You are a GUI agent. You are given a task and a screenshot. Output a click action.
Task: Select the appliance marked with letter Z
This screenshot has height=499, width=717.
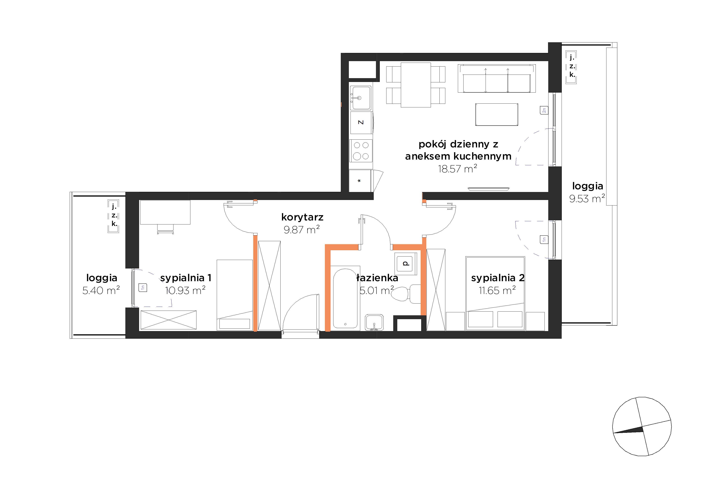361,122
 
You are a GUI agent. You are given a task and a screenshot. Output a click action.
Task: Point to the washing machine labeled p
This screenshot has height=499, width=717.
406,264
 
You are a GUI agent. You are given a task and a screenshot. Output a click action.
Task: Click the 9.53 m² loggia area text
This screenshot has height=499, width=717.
587,198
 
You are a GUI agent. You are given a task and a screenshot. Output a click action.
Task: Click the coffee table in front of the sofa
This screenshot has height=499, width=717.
497,114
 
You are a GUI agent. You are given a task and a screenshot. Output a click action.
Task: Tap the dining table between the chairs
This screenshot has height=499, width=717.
416,85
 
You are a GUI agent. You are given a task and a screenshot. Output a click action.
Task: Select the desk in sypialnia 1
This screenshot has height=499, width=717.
165,212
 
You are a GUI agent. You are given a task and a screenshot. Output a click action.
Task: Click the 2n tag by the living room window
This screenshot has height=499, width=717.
544,110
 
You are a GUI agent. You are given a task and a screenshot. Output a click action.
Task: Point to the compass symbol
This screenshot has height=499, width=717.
642,426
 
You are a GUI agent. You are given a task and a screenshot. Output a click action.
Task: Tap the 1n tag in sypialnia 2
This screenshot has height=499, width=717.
544,239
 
